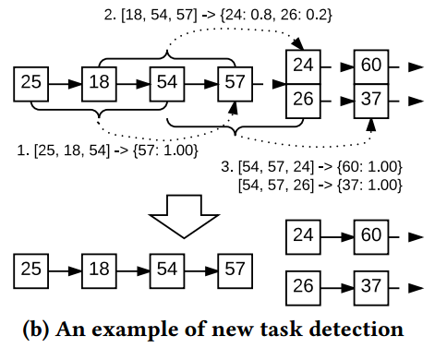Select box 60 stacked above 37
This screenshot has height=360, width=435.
point(371,66)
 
